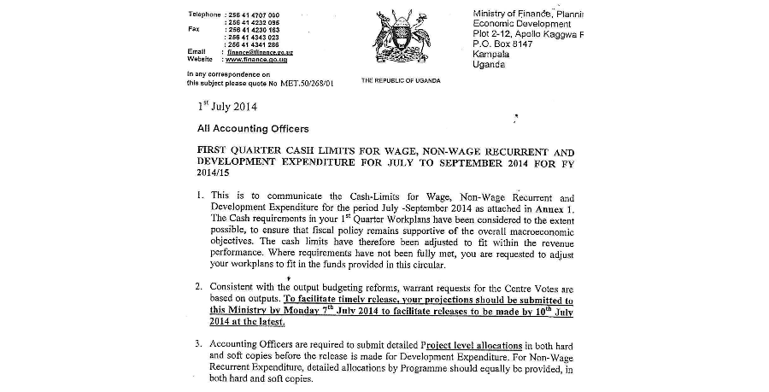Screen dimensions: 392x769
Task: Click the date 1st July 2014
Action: [227, 107]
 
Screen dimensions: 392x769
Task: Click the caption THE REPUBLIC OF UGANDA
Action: [401, 80]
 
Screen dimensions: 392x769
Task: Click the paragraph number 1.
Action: [199, 196]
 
